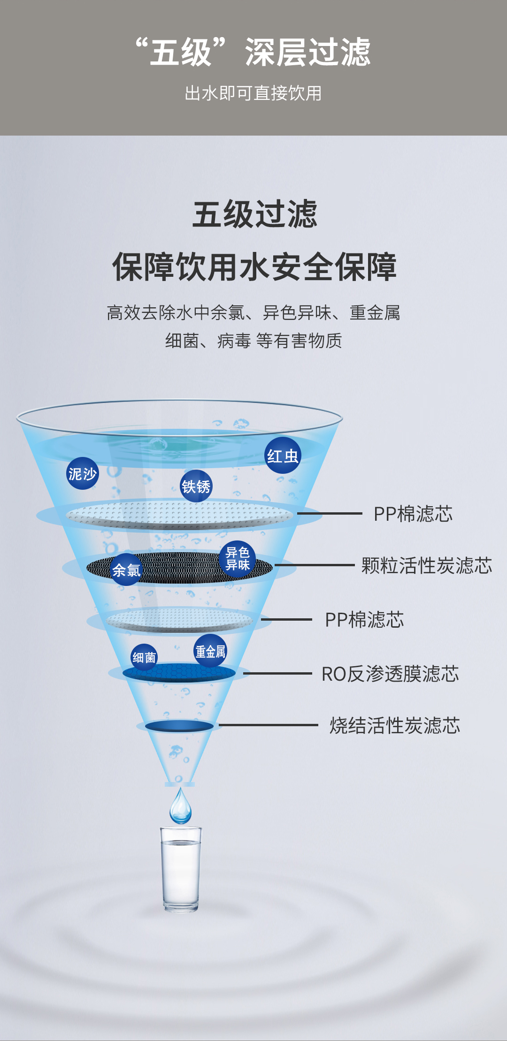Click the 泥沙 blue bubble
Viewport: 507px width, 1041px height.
[x=82, y=473]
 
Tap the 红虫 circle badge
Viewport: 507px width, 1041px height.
[x=283, y=455]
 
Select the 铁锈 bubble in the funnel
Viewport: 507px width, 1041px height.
[x=196, y=486]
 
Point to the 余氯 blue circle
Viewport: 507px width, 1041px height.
[x=126, y=570]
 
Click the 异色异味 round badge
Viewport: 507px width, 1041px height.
[x=237, y=559]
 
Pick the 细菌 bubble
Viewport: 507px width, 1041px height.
[x=144, y=657]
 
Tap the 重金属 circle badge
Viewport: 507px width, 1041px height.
[x=210, y=651]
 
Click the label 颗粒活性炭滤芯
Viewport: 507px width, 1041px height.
[x=426, y=565]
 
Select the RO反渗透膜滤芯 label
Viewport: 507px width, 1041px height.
[x=390, y=674]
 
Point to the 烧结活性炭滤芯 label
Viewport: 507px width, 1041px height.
[x=394, y=725]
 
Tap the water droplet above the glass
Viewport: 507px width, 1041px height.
[x=181, y=807]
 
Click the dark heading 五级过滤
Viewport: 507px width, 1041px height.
[x=254, y=214]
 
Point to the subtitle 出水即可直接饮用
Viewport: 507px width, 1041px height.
[x=253, y=93]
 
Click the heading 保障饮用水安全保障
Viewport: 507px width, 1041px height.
[x=254, y=267]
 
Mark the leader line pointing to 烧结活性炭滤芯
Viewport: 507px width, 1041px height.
[x=268, y=725]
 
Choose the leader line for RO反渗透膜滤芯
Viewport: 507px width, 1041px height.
[x=277, y=673]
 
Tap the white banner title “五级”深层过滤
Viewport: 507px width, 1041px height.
[x=253, y=52]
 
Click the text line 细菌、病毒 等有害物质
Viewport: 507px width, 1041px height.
[x=253, y=341]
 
